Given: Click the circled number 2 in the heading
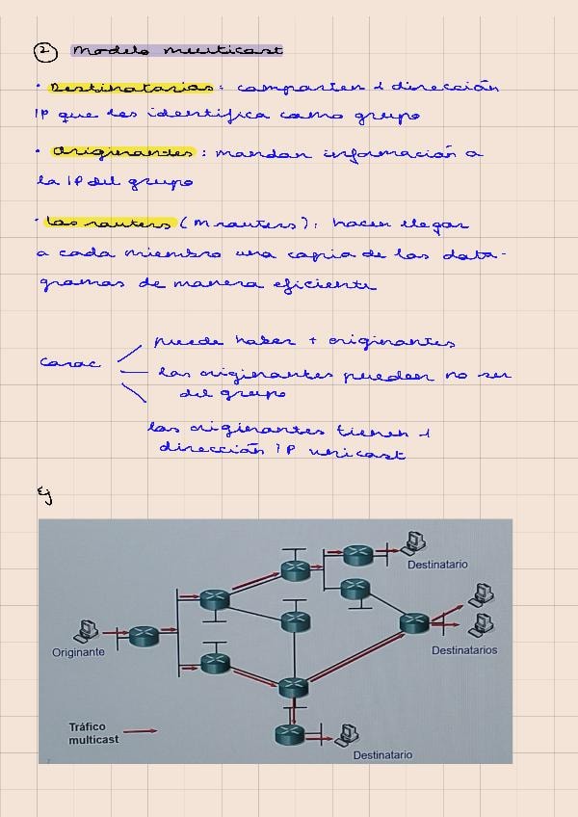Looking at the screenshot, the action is (x=41, y=51).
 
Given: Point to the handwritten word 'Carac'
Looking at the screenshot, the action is (x=69, y=363).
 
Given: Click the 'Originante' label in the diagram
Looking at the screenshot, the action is (x=78, y=652).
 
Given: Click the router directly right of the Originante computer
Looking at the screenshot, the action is (x=144, y=635).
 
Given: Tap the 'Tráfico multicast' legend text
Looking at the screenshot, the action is (x=93, y=733).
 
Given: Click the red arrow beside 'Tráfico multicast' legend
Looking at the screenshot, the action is (x=141, y=731).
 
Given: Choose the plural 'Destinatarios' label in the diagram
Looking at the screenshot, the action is (x=464, y=650).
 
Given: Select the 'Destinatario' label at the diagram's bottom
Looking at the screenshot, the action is (x=382, y=755).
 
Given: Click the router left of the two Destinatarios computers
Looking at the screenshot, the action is (x=414, y=623).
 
